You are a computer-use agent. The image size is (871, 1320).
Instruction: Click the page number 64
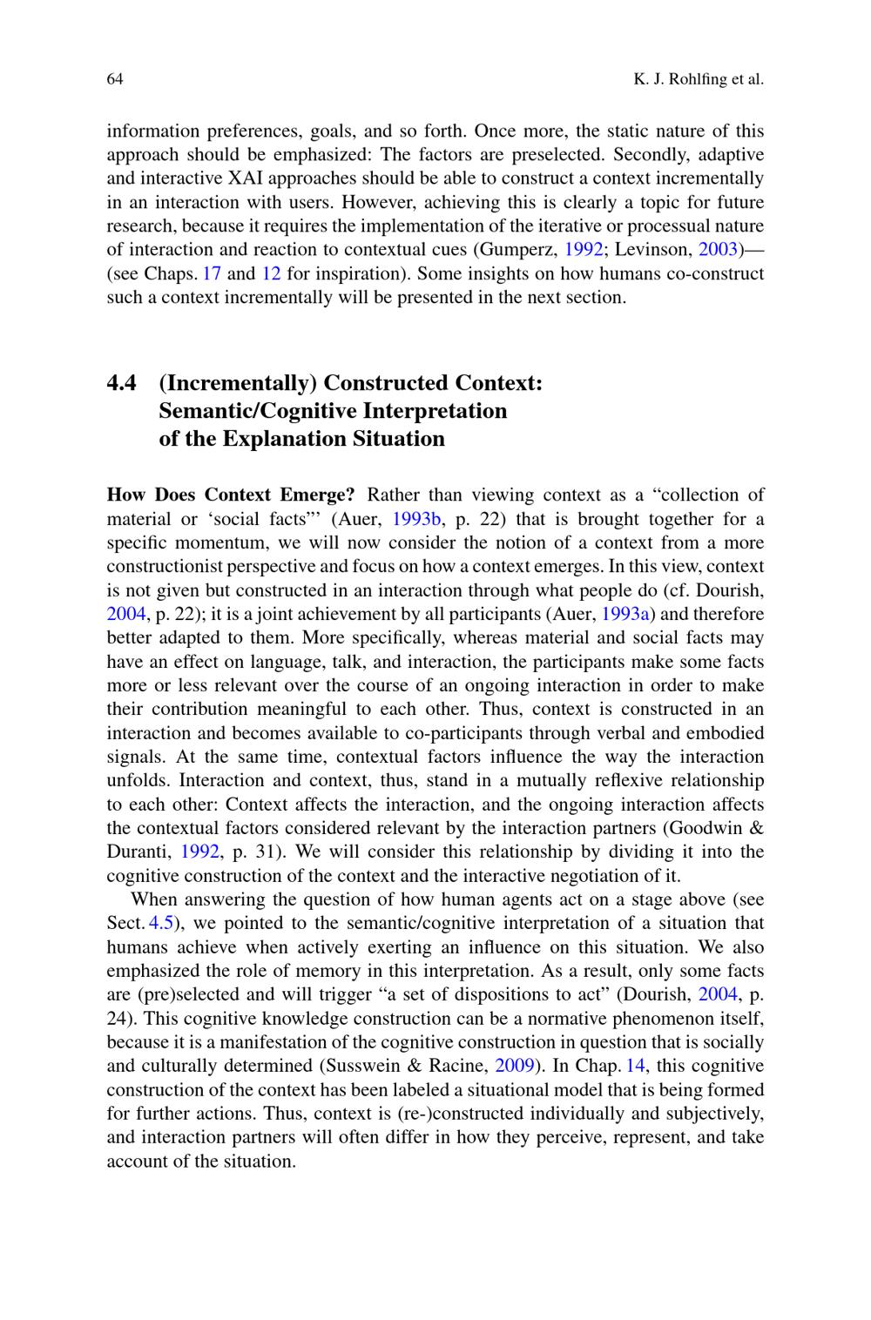[x=115, y=79]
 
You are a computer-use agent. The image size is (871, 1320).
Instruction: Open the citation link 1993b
[x=417, y=520]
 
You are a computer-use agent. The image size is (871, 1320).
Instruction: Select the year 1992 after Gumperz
[x=584, y=250]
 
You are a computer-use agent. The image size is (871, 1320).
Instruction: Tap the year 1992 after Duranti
[x=199, y=852]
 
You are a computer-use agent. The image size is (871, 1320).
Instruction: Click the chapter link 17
[x=212, y=273]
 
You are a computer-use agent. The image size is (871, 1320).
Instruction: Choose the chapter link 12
[x=271, y=273]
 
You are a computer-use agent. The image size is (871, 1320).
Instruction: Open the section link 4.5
[x=162, y=923]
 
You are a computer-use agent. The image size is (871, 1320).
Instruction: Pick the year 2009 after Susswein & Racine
[x=514, y=1066]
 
